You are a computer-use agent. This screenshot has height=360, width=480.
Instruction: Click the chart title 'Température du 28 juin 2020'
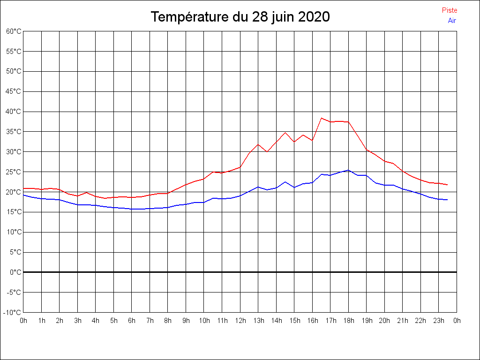click(240, 17)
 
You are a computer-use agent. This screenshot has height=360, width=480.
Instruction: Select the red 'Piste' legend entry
click(450, 10)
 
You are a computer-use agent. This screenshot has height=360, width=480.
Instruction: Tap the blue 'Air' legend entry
click(452, 20)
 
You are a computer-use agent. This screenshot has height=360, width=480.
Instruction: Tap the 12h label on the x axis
click(240, 321)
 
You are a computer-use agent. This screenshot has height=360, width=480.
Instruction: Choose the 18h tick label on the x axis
click(348, 321)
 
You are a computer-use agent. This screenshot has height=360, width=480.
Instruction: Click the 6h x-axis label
click(132, 321)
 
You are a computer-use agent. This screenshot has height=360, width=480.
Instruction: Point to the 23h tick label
click(439, 321)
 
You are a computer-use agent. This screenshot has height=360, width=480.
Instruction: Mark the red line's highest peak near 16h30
click(322, 118)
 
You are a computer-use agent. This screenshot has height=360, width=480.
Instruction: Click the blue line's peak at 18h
click(348, 170)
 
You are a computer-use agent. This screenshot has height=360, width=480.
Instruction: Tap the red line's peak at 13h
click(258, 144)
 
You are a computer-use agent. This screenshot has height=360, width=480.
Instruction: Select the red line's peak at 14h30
click(285, 133)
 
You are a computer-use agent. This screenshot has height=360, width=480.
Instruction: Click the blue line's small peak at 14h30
click(285, 182)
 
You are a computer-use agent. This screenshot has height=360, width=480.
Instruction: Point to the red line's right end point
click(448, 185)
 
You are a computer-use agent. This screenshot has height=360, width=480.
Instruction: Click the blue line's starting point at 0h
click(23, 195)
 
